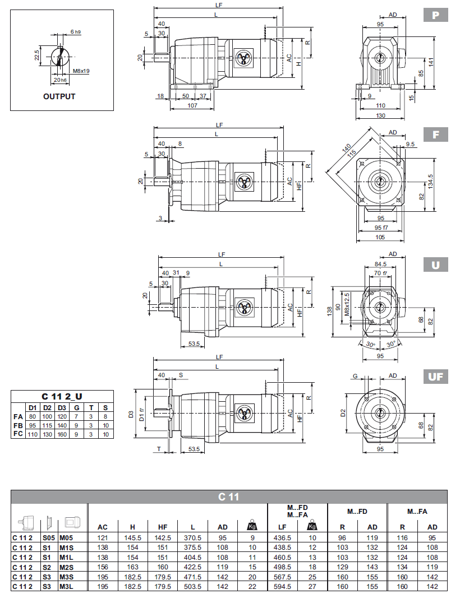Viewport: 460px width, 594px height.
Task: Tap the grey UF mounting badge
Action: click(x=435, y=377)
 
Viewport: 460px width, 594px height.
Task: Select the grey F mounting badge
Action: click(x=435, y=136)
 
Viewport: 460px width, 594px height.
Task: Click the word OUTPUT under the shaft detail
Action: click(x=59, y=96)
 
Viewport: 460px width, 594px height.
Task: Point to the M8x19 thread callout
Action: click(x=81, y=72)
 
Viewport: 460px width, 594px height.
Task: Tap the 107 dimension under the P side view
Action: click(x=192, y=105)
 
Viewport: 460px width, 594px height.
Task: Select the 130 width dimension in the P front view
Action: click(x=380, y=115)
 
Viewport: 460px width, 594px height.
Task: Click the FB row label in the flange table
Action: click(x=18, y=425)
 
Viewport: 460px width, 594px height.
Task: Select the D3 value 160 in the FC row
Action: click(x=62, y=434)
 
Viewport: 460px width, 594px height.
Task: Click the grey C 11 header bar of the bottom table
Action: click(x=229, y=496)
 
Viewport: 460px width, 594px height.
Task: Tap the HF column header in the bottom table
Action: click(x=163, y=527)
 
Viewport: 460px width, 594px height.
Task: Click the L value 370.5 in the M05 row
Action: click(x=192, y=537)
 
